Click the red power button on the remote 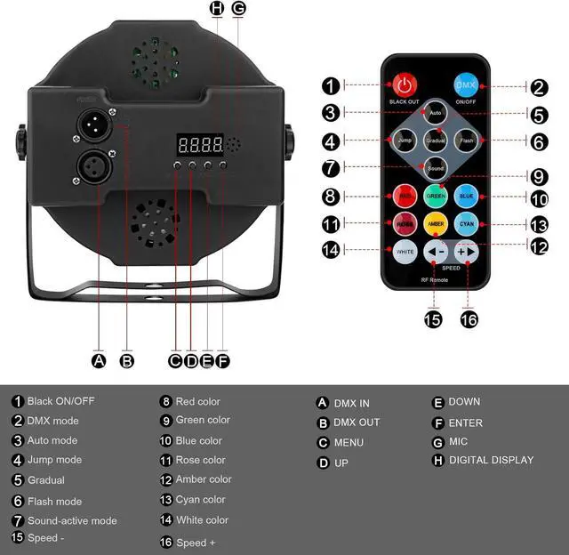pos(405,86)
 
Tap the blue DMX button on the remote pos(466,86)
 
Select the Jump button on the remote pos(405,141)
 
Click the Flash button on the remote pos(466,141)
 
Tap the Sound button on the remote pos(435,167)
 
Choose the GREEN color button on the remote pos(435,196)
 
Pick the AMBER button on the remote pos(435,224)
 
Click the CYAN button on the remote pos(466,224)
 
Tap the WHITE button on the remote pos(405,252)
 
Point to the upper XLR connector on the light pos(94,124)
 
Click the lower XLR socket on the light pos(94,165)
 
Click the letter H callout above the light pos(217,9)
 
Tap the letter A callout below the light pos(99,360)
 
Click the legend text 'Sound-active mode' pos(72,520)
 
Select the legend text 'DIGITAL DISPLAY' pos(491,460)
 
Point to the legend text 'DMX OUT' pos(357,422)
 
